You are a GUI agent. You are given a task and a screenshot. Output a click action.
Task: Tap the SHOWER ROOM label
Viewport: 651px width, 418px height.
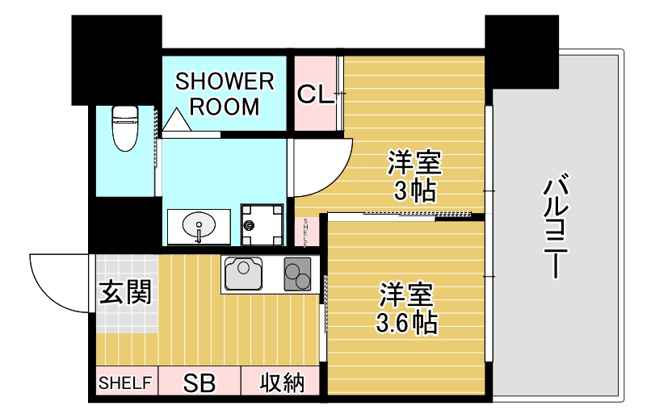225,94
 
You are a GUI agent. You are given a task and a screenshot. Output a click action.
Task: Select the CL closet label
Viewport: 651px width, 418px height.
314,94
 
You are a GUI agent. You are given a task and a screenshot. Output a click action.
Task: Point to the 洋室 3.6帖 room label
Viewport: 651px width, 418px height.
406,307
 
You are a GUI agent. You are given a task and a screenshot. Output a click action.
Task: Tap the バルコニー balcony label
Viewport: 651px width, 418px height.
556,228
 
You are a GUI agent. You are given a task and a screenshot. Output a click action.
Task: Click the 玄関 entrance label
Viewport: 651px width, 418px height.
125,292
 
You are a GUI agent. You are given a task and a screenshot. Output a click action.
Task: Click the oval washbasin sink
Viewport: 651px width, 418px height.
199,225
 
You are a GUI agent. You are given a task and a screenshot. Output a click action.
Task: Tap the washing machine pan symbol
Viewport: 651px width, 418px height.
263,225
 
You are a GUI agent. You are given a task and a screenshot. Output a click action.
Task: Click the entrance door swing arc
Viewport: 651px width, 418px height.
57,282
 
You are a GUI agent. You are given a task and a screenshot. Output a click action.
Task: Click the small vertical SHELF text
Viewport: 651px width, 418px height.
307,232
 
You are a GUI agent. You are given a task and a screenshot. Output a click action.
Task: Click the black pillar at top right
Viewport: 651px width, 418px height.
521,51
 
